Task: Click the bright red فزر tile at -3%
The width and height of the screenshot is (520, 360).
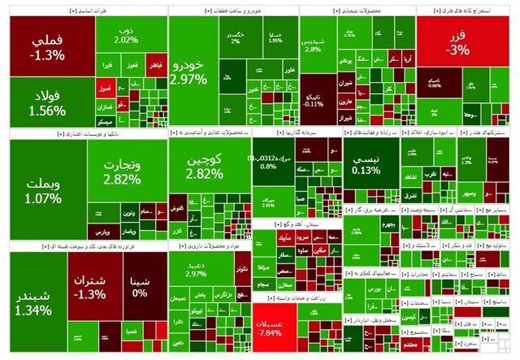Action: point(462,41)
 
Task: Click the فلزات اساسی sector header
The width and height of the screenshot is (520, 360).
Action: point(88,10)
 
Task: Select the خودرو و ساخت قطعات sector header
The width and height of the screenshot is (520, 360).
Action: point(233,10)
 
